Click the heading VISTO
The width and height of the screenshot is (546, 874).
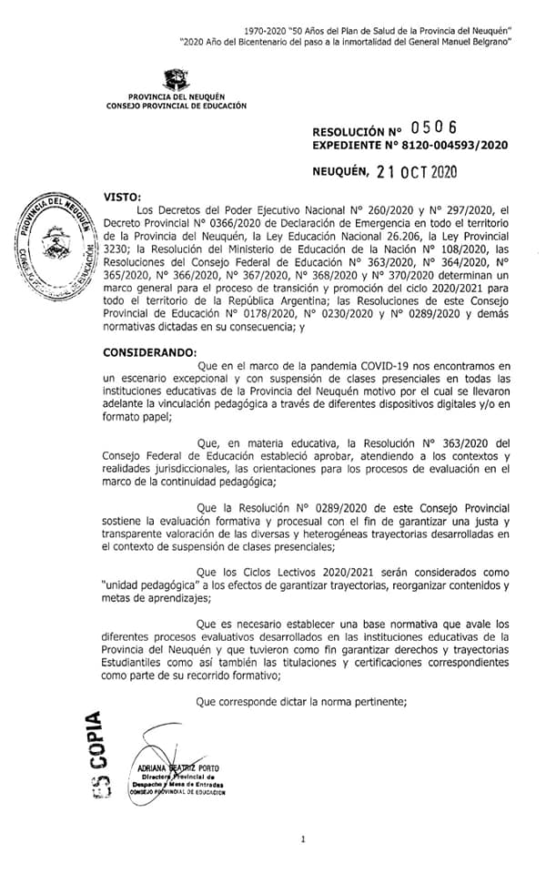click(124, 197)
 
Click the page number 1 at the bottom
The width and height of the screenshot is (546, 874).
click(302, 838)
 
